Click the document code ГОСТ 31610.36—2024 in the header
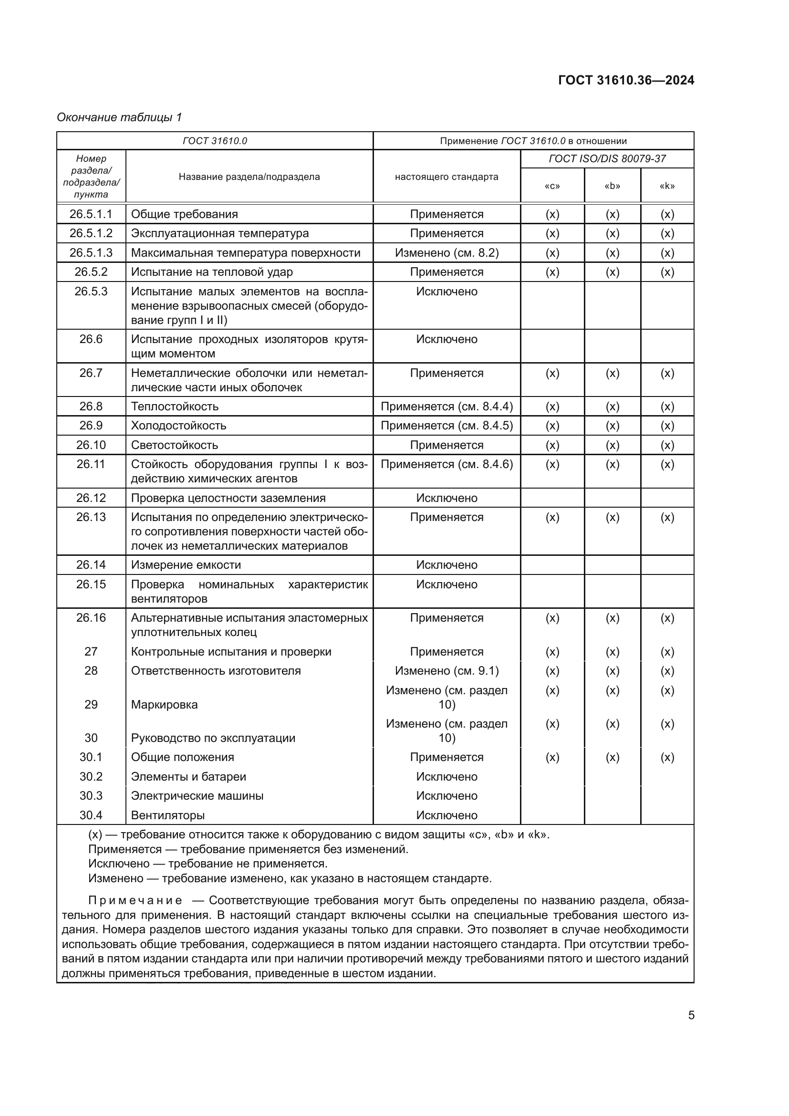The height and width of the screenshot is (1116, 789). pyautogui.click(x=626, y=80)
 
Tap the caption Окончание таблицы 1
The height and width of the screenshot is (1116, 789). pyautogui.click(x=119, y=117)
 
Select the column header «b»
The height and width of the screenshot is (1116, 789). pyautogui.click(x=612, y=186)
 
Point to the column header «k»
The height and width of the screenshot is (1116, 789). pyautogui.click(x=667, y=186)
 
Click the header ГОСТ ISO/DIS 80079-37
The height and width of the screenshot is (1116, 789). pyautogui.click(x=607, y=158)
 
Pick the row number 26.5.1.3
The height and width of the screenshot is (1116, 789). pyautogui.click(x=91, y=253)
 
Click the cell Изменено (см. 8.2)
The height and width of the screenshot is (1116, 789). pyautogui.click(x=446, y=253)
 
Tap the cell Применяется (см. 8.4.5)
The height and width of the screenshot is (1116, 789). pyautogui.click(x=446, y=425)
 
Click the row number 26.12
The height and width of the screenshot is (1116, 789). pyautogui.click(x=91, y=498)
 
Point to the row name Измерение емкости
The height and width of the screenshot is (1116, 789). pyautogui.click(x=186, y=565)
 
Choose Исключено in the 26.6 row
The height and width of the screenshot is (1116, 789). pyautogui.click(x=446, y=339)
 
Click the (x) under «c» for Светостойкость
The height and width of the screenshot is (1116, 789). pyautogui.click(x=552, y=445)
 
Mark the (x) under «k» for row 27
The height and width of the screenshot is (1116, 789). pyautogui.click(x=667, y=651)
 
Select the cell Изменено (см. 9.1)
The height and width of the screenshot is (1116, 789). pyautogui.click(x=446, y=671)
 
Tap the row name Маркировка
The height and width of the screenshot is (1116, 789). pyautogui.click(x=164, y=704)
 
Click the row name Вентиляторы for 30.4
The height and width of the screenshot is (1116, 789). pyautogui.click(x=167, y=815)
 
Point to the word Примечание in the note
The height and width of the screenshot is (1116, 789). pyautogui.click(x=135, y=901)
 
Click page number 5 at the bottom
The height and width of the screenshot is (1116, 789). pyautogui.click(x=691, y=1015)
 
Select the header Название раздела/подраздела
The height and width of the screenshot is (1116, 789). pyautogui.click(x=249, y=177)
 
